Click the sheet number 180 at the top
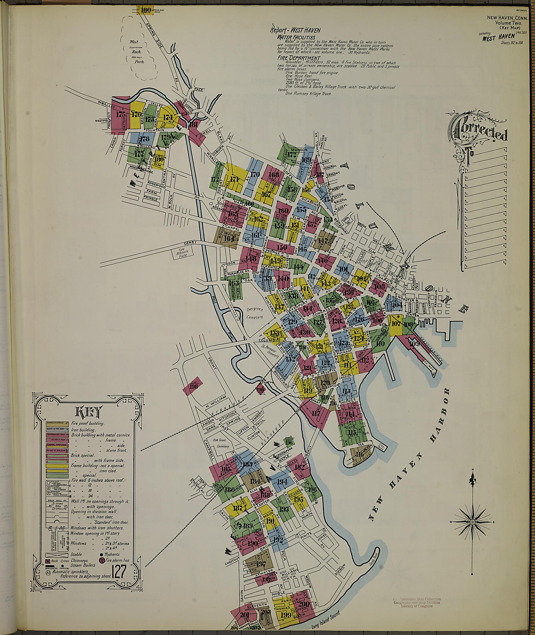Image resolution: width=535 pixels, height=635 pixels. [x=146, y=10]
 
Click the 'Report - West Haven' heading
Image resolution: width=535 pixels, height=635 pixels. [x=295, y=30]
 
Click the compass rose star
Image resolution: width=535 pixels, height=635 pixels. [x=472, y=522]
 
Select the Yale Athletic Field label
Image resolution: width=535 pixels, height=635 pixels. [x=183, y=253]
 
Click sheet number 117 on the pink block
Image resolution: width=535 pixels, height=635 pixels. [x=316, y=413]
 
